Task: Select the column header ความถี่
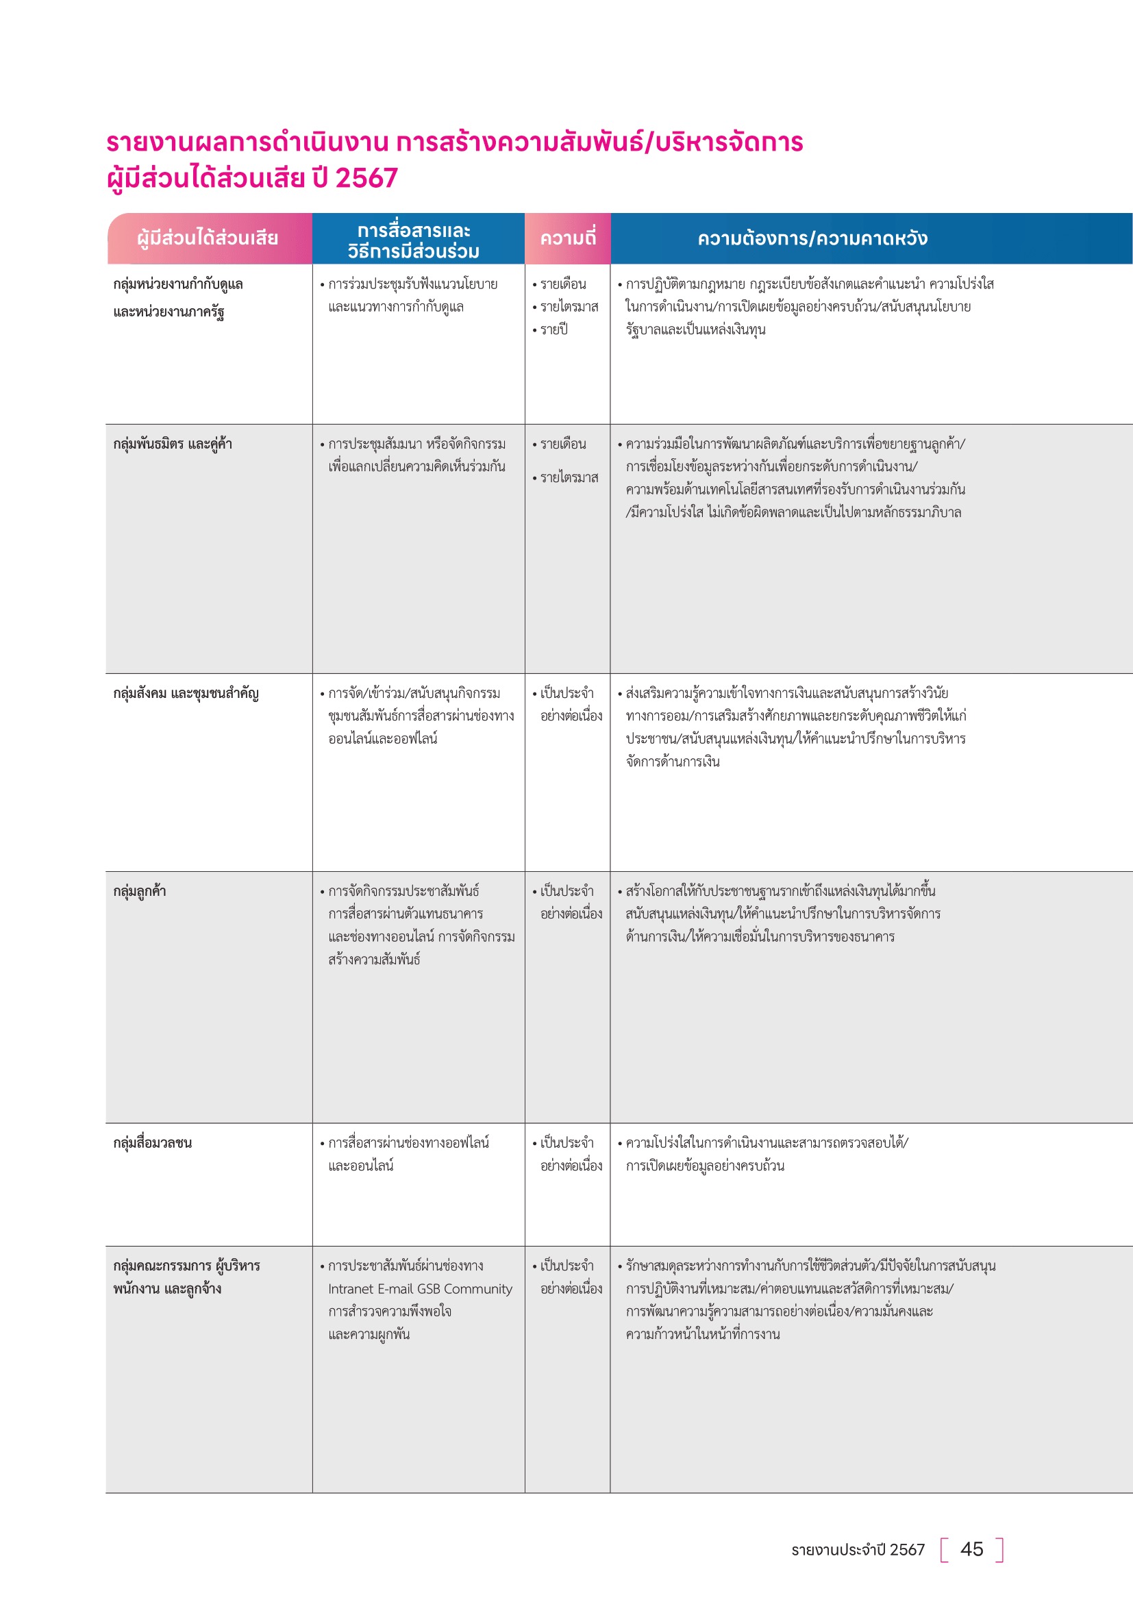[568, 238]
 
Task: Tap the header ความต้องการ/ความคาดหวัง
[812, 238]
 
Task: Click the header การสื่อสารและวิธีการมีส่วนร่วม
[414, 240]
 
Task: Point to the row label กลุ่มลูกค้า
[140, 891]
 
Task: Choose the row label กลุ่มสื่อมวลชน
[152, 1142]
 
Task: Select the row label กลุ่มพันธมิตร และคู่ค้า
[173, 444]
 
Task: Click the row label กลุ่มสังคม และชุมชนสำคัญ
[186, 693]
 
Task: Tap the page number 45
[971, 1549]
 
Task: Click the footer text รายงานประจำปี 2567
[858, 1550]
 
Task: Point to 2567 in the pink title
[366, 178]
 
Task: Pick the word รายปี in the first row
[554, 329]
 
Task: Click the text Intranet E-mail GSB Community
[420, 1289]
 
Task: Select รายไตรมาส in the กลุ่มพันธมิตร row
[569, 477]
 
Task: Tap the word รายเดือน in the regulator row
[563, 284]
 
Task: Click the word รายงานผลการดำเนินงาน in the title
[247, 142]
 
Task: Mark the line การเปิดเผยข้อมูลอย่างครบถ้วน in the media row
[705, 1165]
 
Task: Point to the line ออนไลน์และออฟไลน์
[382, 738]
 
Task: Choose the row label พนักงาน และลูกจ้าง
[167, 1289]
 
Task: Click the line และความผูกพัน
[369, 1334]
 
